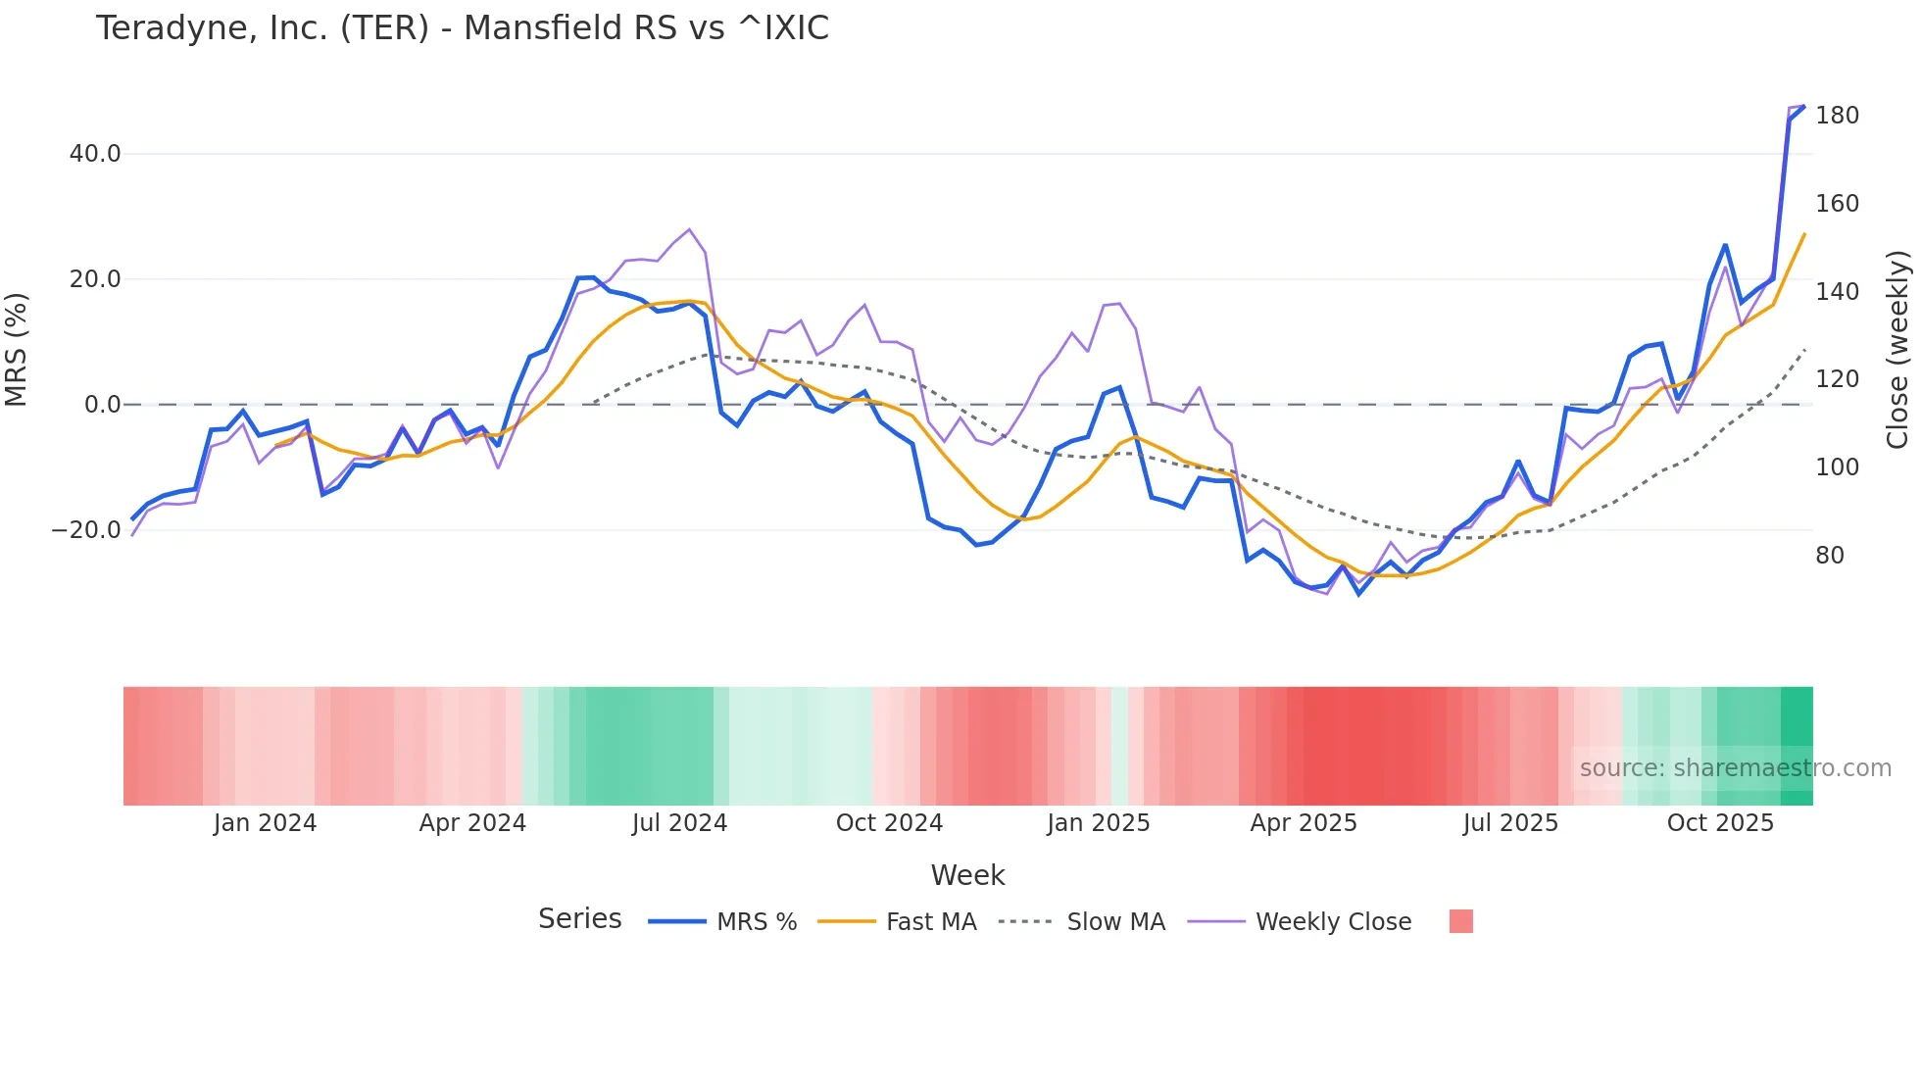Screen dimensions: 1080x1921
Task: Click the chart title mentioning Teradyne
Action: tap(462, 28)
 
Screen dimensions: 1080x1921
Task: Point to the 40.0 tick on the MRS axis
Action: tap(95, 154)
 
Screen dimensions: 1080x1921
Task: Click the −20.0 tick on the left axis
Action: tap(86, 530)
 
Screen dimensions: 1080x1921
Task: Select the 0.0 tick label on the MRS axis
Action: tap(103, 405)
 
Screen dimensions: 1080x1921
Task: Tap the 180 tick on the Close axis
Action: tap(1837, 116)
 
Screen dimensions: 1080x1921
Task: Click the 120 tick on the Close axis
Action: tap(1837, 379)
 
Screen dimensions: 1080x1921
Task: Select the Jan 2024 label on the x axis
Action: tap(265, 823)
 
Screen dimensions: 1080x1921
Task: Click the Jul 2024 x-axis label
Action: tap(679, 823)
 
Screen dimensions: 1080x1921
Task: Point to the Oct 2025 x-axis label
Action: tap(1720, 823)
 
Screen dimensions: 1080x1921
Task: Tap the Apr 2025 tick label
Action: tap(1304, 823)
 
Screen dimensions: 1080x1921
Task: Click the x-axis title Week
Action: tap(967, 875)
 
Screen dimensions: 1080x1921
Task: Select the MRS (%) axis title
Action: tap(17, 349)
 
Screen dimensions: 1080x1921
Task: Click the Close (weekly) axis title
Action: tap(1898, 350)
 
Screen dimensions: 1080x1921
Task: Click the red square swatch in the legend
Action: tap(1460, 921)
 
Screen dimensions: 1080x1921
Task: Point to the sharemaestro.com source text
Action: tap(1735, 768)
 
